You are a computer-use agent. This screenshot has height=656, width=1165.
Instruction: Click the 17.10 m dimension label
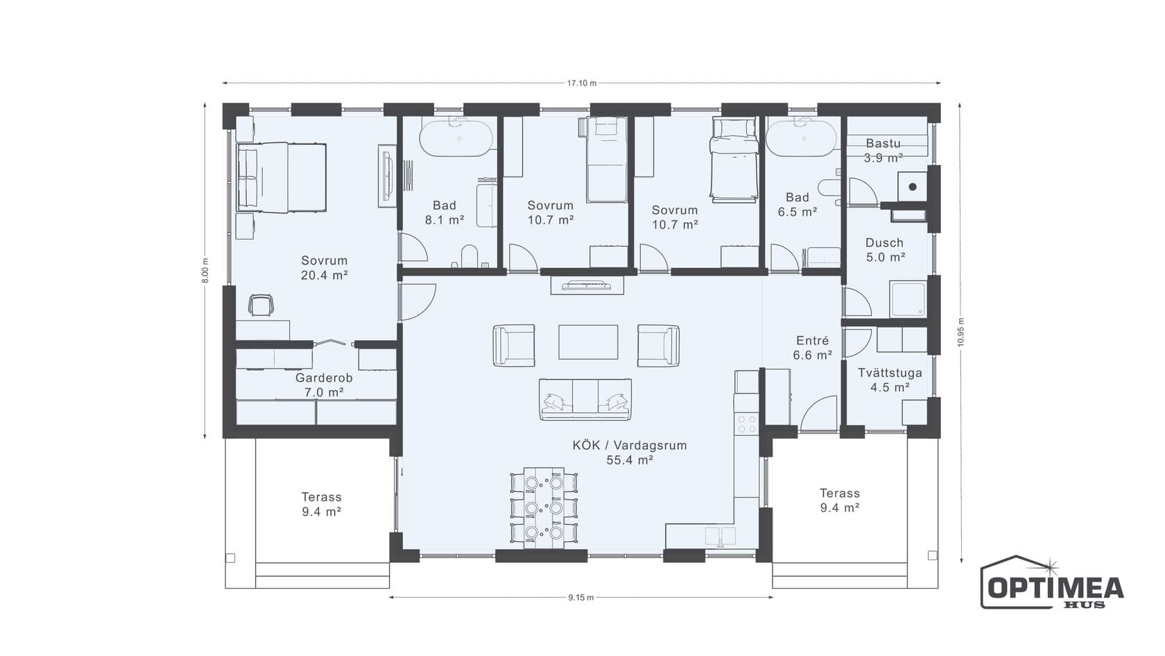pos(581,83)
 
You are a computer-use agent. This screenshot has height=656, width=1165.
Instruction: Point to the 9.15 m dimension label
pos(581,598)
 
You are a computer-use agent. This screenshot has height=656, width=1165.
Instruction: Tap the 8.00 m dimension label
pos(205,271)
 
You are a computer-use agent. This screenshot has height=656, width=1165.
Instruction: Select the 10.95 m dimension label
pos(960,332)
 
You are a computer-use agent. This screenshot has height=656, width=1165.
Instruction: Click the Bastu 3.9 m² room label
pos(883,151)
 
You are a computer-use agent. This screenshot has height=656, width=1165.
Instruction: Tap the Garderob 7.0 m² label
pos(324,385)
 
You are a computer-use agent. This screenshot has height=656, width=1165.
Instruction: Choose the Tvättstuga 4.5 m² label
pos(890,380)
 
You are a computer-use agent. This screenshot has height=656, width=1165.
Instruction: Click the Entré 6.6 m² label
pos(813,348)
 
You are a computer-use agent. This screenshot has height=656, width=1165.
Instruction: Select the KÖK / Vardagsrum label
pos(630,445)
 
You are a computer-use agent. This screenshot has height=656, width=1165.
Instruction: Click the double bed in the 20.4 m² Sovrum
pos(282,177)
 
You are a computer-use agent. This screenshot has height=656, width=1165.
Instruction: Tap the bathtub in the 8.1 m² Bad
pos(456,138)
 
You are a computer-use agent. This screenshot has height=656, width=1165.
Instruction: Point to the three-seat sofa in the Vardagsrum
pos(585,399)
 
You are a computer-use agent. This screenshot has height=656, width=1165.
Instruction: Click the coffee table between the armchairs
pos(588,342)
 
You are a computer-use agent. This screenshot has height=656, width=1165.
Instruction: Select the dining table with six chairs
pos(544,507)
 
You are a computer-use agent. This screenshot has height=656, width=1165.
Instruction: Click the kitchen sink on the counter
pos(720,536)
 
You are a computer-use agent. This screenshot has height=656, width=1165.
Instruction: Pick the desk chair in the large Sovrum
pos(261,305)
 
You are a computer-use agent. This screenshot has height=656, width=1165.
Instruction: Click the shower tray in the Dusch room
pos(908,299)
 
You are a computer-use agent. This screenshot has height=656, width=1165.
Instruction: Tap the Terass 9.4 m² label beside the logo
pos(839,501)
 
